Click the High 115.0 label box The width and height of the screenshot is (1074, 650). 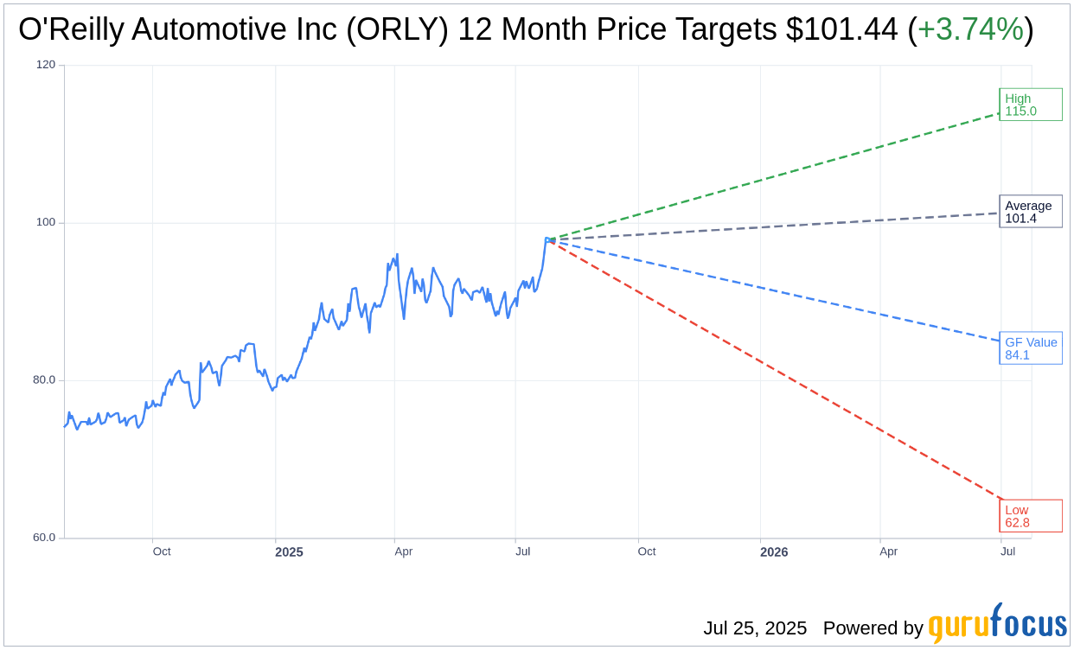1030,105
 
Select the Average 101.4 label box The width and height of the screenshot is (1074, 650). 1030,212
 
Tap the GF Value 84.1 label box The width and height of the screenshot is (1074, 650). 1030,348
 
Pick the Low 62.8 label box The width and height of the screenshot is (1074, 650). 1030,516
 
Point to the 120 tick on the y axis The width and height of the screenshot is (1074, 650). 45,65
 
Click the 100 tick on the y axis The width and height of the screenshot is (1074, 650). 45,222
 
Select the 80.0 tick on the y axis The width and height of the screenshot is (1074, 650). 43,379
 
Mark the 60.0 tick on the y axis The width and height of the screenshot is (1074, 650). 43,537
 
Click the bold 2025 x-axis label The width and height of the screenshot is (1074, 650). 289,551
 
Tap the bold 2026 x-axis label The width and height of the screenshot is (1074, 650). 774,551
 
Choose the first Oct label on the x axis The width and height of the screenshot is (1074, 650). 162,551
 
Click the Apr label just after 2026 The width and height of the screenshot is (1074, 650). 888,551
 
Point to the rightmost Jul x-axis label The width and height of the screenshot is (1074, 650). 1007,551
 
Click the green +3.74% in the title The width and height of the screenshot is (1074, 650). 970,29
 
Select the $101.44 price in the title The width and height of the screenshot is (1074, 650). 841,29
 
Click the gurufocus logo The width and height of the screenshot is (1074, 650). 997,624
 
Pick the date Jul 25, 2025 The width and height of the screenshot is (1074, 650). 754,628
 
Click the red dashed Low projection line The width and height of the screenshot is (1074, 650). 778,371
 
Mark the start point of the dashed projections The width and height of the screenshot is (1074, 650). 548,239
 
